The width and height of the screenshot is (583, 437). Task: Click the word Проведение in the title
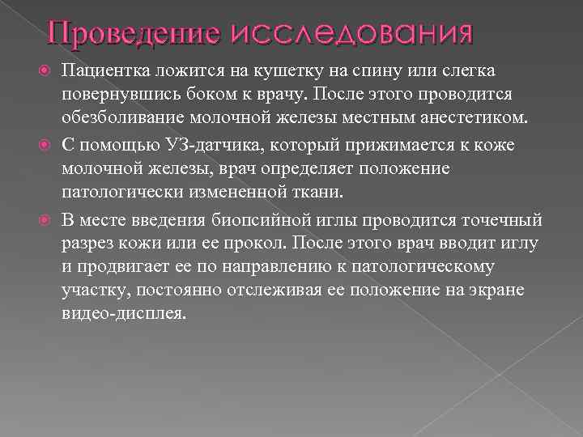coord(132,33)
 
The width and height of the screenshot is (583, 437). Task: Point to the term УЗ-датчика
coord(212,146)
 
